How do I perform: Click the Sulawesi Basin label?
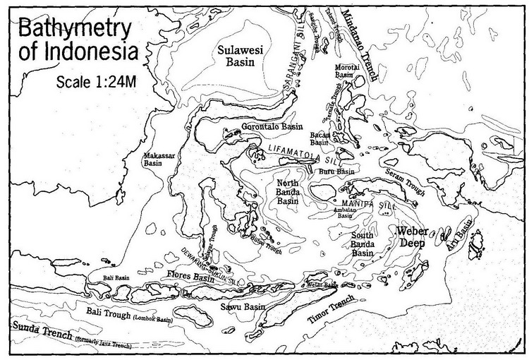(239, 55)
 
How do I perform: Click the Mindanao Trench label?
(361, 47)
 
